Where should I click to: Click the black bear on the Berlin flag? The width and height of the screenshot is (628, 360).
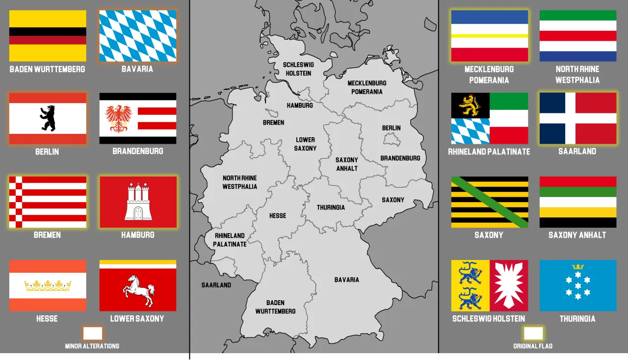(x=48, y=118)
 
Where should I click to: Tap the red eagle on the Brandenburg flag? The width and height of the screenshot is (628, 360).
(x=118, y=118)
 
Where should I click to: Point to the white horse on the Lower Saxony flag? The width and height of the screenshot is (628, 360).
(x=138, y=290)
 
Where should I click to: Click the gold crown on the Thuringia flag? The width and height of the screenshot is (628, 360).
(x=578, y=267)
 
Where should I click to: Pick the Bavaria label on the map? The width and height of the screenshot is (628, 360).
(x=346, y=280)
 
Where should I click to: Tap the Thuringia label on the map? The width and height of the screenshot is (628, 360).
(x=331, y=207)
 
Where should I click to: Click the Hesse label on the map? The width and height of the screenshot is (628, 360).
(x=278, y=216)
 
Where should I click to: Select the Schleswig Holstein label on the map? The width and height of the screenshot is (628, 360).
(x=298, y=69)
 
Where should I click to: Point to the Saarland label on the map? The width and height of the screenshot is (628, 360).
(x=216, y=285)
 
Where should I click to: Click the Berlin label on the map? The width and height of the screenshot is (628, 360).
(x=391, y=128)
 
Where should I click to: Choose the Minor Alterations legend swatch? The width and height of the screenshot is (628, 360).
(x=92, y=334)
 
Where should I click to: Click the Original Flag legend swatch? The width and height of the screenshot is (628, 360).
(x=533, y=334)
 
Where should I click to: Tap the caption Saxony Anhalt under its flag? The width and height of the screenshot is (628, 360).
(x=577, y=235)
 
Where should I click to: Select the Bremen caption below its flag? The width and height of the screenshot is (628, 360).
(x=47, y=235)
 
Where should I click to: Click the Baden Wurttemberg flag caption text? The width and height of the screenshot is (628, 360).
(x=47, y=69)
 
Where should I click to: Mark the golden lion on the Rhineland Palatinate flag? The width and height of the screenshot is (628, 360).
(x=470, y=104)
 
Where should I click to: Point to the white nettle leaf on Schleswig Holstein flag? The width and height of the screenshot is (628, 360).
(x=509, y=285)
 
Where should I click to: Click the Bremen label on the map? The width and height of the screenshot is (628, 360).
(x=273, y=123)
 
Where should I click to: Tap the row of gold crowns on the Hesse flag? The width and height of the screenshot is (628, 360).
(x=48, y=285)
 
